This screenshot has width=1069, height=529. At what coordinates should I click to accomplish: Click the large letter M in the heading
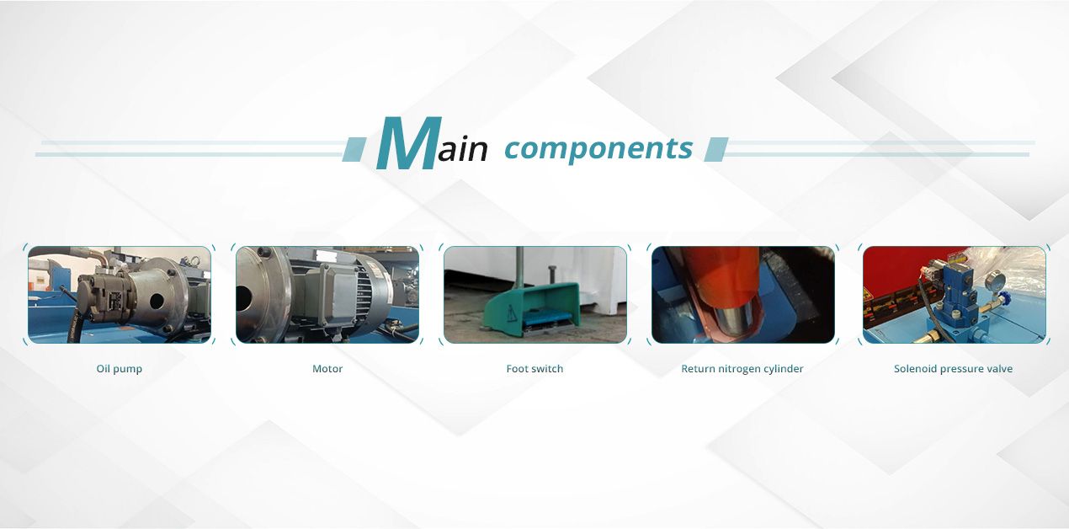click(408, 142)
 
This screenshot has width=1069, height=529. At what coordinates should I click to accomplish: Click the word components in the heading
click(598, 149)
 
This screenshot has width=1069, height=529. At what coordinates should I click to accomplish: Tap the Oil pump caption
click(120, 369)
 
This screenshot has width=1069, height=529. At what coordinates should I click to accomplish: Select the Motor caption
click(327, 369)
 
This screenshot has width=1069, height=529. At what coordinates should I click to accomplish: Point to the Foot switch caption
click(534, 369)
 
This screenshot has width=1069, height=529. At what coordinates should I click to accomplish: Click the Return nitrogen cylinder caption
click(742, 369)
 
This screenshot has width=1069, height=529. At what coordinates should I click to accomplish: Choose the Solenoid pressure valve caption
click(953, 369)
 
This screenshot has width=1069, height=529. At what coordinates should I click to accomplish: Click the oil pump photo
click(120, 295)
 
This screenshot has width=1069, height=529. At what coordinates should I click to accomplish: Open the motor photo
click(327, 295)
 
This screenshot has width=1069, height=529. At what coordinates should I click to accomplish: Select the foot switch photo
click(535, 295)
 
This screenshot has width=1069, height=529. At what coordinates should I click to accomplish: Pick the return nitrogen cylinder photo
click(743, 295)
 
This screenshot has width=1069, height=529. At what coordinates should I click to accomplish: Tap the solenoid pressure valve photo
click(955, 295)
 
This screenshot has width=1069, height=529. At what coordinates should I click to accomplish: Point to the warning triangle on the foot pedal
click(512, 313)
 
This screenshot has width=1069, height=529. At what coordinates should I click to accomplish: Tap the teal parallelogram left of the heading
click(354, 149)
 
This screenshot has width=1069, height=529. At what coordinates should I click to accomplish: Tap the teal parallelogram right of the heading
click(716, 149)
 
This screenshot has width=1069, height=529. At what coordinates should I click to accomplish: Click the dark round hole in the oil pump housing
click(157, 301)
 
